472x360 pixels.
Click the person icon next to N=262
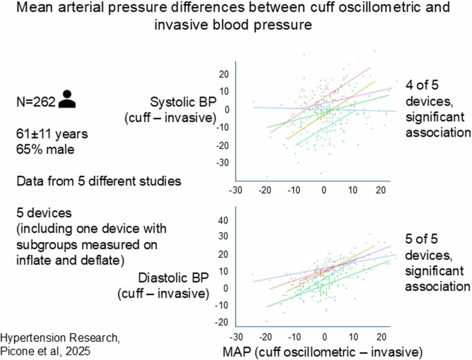66,99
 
